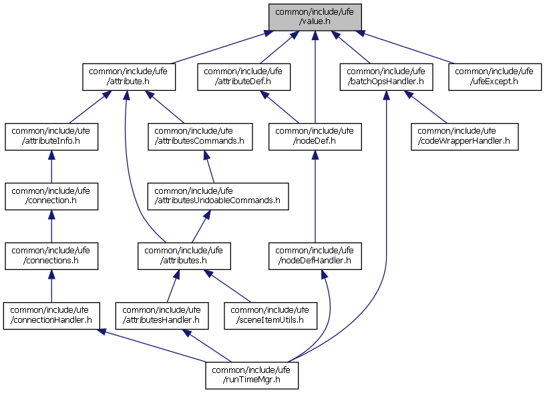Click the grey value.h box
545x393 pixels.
point(315,16)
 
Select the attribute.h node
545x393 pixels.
point(129,77)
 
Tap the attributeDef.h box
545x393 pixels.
point(244,77)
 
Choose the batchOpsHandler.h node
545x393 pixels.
point(386,77)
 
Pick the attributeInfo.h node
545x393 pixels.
point(51,136)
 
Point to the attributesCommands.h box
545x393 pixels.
point(200,136)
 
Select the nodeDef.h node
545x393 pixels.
point(315,136)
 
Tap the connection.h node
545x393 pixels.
point(51,196)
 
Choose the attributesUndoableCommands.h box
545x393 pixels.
point(218,196)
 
